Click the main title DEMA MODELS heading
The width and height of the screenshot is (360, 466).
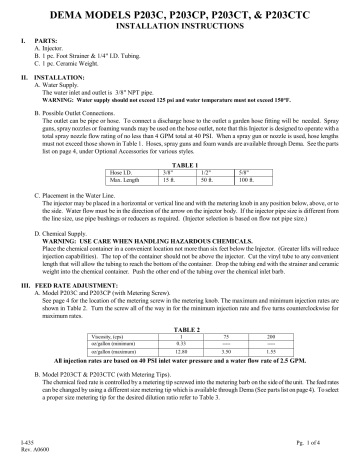[x=180, y=12]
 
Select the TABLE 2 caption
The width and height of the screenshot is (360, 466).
[x=179, y=329]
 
